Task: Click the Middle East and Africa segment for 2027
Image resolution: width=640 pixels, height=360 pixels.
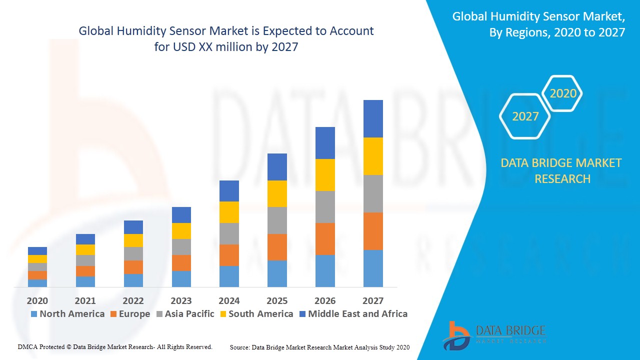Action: [373, 118]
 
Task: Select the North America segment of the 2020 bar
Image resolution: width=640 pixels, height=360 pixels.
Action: [37, 283]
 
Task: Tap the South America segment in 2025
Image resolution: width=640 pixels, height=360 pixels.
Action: [277, 193]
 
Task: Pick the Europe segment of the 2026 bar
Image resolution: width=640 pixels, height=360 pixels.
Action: [325, 239]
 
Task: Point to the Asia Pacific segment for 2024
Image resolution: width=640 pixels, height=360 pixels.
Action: [229, 233]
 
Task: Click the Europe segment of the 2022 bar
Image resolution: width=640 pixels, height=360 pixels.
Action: [133, 267]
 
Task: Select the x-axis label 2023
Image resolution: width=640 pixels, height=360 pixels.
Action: [181, 301]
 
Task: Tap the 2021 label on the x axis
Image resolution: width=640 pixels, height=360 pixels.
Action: [85, 301]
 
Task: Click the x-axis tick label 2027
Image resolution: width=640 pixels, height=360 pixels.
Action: [373, 301]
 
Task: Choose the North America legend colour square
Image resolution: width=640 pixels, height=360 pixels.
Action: [34, 314]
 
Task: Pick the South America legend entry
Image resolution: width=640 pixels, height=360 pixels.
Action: [260, 314]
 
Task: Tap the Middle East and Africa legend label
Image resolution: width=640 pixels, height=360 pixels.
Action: [357, 314]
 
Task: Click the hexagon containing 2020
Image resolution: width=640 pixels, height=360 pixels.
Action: [562, 93]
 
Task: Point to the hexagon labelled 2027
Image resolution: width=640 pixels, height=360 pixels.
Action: [525, 116]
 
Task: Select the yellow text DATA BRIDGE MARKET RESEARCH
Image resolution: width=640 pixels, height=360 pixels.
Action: [561, 170]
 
